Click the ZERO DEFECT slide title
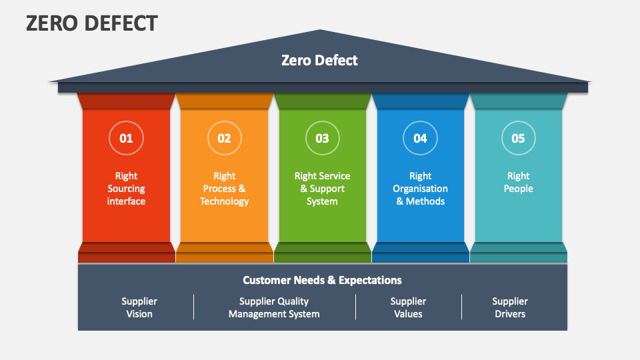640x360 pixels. (92, 23)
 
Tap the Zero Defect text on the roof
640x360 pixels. (319, 60)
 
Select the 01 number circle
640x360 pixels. (126, 138)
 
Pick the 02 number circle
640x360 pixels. (224, 138)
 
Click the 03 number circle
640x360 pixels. (322, 138)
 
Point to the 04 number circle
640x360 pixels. (420, 138)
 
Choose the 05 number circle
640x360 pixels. (518, 138)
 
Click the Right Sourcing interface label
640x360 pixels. (126, 189)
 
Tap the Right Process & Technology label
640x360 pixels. (224, 189)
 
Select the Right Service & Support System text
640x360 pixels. (322, 189)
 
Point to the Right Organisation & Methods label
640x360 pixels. (420, 189)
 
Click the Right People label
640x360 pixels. (518, 182)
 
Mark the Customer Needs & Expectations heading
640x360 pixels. (322, 280)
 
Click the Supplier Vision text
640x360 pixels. (139, 307)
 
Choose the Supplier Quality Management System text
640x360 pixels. (274, 307)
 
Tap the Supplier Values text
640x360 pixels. (408, 307)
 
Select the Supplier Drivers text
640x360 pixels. (510, 307)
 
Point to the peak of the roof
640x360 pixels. (321, 31)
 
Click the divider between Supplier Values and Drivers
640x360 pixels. (461, 307)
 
